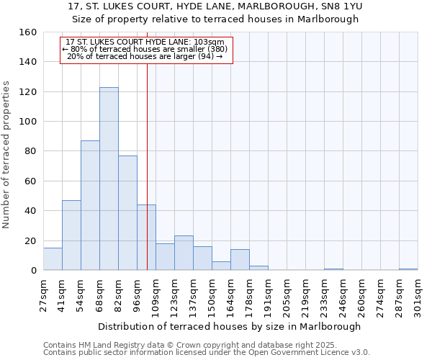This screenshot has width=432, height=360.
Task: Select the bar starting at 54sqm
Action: [x=90, y=205]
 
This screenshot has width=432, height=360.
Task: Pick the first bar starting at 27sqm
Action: [x=53, y=259]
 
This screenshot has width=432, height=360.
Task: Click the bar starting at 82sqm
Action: [x=127, y=213]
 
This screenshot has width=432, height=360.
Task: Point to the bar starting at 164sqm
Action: [x=240, y=260]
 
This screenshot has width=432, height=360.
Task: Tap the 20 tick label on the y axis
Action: [x=31, y=241]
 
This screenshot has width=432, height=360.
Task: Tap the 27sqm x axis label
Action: [x=43, y=294]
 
